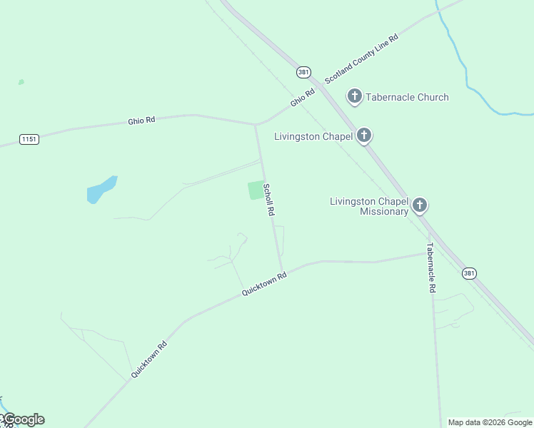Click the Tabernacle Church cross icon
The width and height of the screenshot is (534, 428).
click(x=355, y=96)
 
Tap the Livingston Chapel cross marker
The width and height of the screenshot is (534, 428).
click(x=364, y=135)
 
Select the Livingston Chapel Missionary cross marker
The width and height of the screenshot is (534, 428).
click(x=420, y=205)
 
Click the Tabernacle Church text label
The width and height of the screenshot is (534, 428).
click(x=407, y=97)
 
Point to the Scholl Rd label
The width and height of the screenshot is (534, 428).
click(x=269, y=200)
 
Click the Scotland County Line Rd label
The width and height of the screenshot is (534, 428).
click(x=361, y=58)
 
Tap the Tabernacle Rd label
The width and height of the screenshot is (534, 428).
click(x=430, y=268)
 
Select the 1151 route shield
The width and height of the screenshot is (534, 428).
click(x=29, y=139)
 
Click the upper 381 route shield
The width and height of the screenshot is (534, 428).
click(x=303, y=73)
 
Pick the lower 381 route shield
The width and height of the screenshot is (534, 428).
click(x=468, y=273)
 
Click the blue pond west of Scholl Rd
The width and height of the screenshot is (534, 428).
click(x=101, y=190)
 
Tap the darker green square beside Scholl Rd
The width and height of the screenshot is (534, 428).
click(x=256, y=190)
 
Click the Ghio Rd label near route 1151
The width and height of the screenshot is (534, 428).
click(x=141, y=121)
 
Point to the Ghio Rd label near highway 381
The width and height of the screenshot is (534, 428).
click(x=302, y=98)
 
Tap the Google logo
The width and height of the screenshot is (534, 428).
click(x=24, y=419)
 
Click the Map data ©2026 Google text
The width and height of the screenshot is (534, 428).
click(x=490, y=422)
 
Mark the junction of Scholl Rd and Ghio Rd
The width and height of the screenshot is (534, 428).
click(x=255, y=124)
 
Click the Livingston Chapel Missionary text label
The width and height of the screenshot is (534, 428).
click(x=369, y=206)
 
